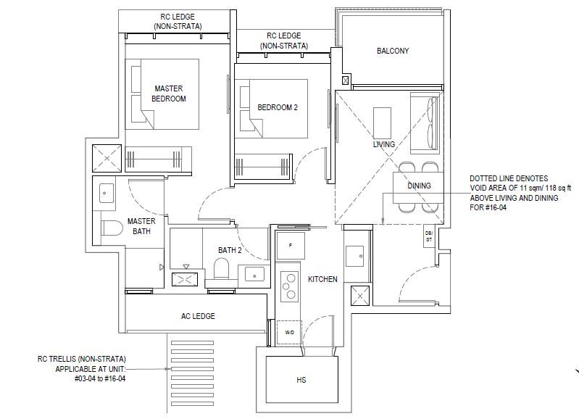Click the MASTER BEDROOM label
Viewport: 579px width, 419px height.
pyautogui.click(x=169, y=94)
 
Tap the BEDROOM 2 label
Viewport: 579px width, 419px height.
pyautogui.click(x=278, y=107)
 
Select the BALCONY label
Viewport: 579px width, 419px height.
pyautogui.click(x=393, y=51)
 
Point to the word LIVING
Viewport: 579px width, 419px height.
pyautogui.click(x=383, y=144)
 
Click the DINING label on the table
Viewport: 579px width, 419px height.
pyautogui.click(x=419, y=186)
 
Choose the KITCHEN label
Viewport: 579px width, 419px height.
pyautogui.click(x=322, y=279)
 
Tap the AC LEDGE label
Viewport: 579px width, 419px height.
pyautogui.click(x=198, y=316)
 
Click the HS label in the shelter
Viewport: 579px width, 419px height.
pyautogui.click(x=301, y=380)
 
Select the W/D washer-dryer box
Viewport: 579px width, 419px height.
pyautogui.click(x=290, y=332)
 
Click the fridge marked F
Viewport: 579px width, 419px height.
pyautogui.click(x=291, y=245)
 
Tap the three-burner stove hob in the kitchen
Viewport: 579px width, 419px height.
pyautogui.click(x=289, y=286)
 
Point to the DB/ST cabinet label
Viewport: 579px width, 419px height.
pyautogui.click(x=429, y=236)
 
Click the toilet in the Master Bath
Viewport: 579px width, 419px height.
pyautogui.click(x=112, y=228)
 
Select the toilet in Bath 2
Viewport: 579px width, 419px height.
pyautogui.click(x=222, y=269)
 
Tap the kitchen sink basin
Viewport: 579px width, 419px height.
pyautogui.click(x=354, y=257)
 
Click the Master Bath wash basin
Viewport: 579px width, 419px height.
pyautogui.click(x=107, y=194)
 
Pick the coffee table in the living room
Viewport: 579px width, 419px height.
pyautogui.click(x=382, y=123)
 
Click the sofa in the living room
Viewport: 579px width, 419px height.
pyautogui.click(x=425, y=123)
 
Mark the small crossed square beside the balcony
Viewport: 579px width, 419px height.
pyautogui.click(x=346, y=80)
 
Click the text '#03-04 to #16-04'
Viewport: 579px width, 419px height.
pyautogui.click(x=100, y=378)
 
